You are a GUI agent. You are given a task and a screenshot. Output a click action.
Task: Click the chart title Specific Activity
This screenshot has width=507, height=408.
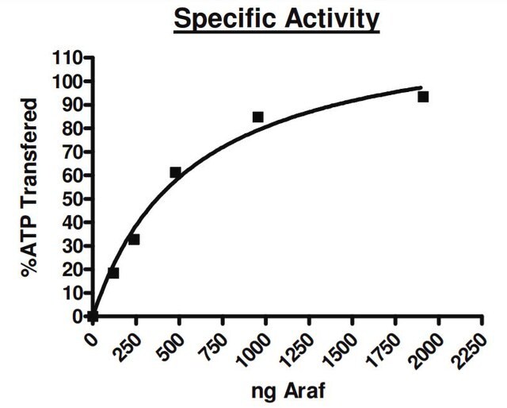(276, 20)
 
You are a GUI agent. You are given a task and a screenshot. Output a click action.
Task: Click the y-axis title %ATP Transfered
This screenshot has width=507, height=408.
(29, 188)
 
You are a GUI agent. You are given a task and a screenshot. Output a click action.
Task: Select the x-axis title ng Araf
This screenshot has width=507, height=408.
(288, 391)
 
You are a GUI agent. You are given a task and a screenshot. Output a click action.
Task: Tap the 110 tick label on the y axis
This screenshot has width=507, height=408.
(67, 58)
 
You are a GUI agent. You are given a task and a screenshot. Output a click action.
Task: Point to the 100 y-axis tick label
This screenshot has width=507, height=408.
(67, 82)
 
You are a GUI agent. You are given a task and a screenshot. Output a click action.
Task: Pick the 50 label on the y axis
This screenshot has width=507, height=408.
(72, 199)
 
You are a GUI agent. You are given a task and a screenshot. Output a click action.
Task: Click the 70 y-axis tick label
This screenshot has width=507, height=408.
(72, 152)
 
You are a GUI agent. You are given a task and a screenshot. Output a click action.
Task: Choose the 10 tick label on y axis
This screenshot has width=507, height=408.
(72, 294)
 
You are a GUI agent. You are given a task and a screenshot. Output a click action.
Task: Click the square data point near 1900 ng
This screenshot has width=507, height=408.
(423, 97)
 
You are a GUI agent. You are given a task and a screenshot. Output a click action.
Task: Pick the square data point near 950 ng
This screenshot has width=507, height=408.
(257, 117)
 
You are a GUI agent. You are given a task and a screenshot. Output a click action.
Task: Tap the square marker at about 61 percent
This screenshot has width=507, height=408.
(175, 172)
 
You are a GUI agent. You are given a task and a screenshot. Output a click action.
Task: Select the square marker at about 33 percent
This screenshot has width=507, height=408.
(134, 240)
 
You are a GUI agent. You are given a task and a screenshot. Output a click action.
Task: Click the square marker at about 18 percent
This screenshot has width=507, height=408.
(113, 273)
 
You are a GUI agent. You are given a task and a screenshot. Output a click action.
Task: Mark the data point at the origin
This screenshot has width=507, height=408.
(93, 316)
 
